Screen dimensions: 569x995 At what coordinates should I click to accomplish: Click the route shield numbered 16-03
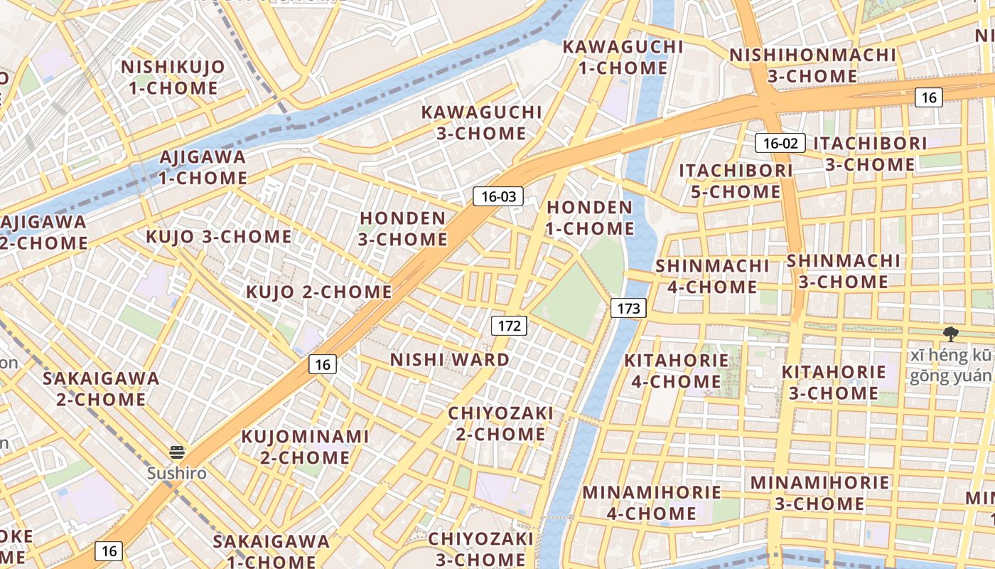coord(498,196)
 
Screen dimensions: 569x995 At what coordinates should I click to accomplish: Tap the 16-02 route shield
coord(780,143)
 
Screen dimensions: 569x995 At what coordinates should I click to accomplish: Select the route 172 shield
coord(509,326)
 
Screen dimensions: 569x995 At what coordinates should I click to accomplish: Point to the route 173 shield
coord(628,308)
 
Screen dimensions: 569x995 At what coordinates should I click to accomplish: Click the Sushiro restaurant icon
coord(177,452)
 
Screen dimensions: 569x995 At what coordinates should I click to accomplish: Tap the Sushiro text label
coord(177,473)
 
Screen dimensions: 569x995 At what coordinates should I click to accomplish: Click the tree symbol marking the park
coord(950,334)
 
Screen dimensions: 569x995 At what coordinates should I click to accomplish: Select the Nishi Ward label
coord(450,360)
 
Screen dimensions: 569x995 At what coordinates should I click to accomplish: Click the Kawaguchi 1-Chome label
coord(623,58)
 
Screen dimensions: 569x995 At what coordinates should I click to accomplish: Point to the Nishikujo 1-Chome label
coord(173,78)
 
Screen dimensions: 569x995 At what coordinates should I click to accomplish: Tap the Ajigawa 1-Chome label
coord(203,167)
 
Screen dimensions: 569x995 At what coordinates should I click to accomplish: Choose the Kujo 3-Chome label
coord(219,237)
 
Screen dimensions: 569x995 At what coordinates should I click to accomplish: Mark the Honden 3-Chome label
coord(403,228)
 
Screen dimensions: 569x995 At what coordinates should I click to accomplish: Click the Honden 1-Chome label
coord(589,218)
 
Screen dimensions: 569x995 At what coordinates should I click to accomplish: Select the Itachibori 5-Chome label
coord(736,181)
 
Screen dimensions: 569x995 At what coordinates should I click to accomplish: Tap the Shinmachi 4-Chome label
coord(712,276)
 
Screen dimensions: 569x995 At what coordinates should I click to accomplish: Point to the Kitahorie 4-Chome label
coord(676,371)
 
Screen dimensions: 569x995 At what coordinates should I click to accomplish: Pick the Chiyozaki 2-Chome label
coord(500,423)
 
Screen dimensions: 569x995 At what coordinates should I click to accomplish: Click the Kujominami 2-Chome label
coord(305,447)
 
